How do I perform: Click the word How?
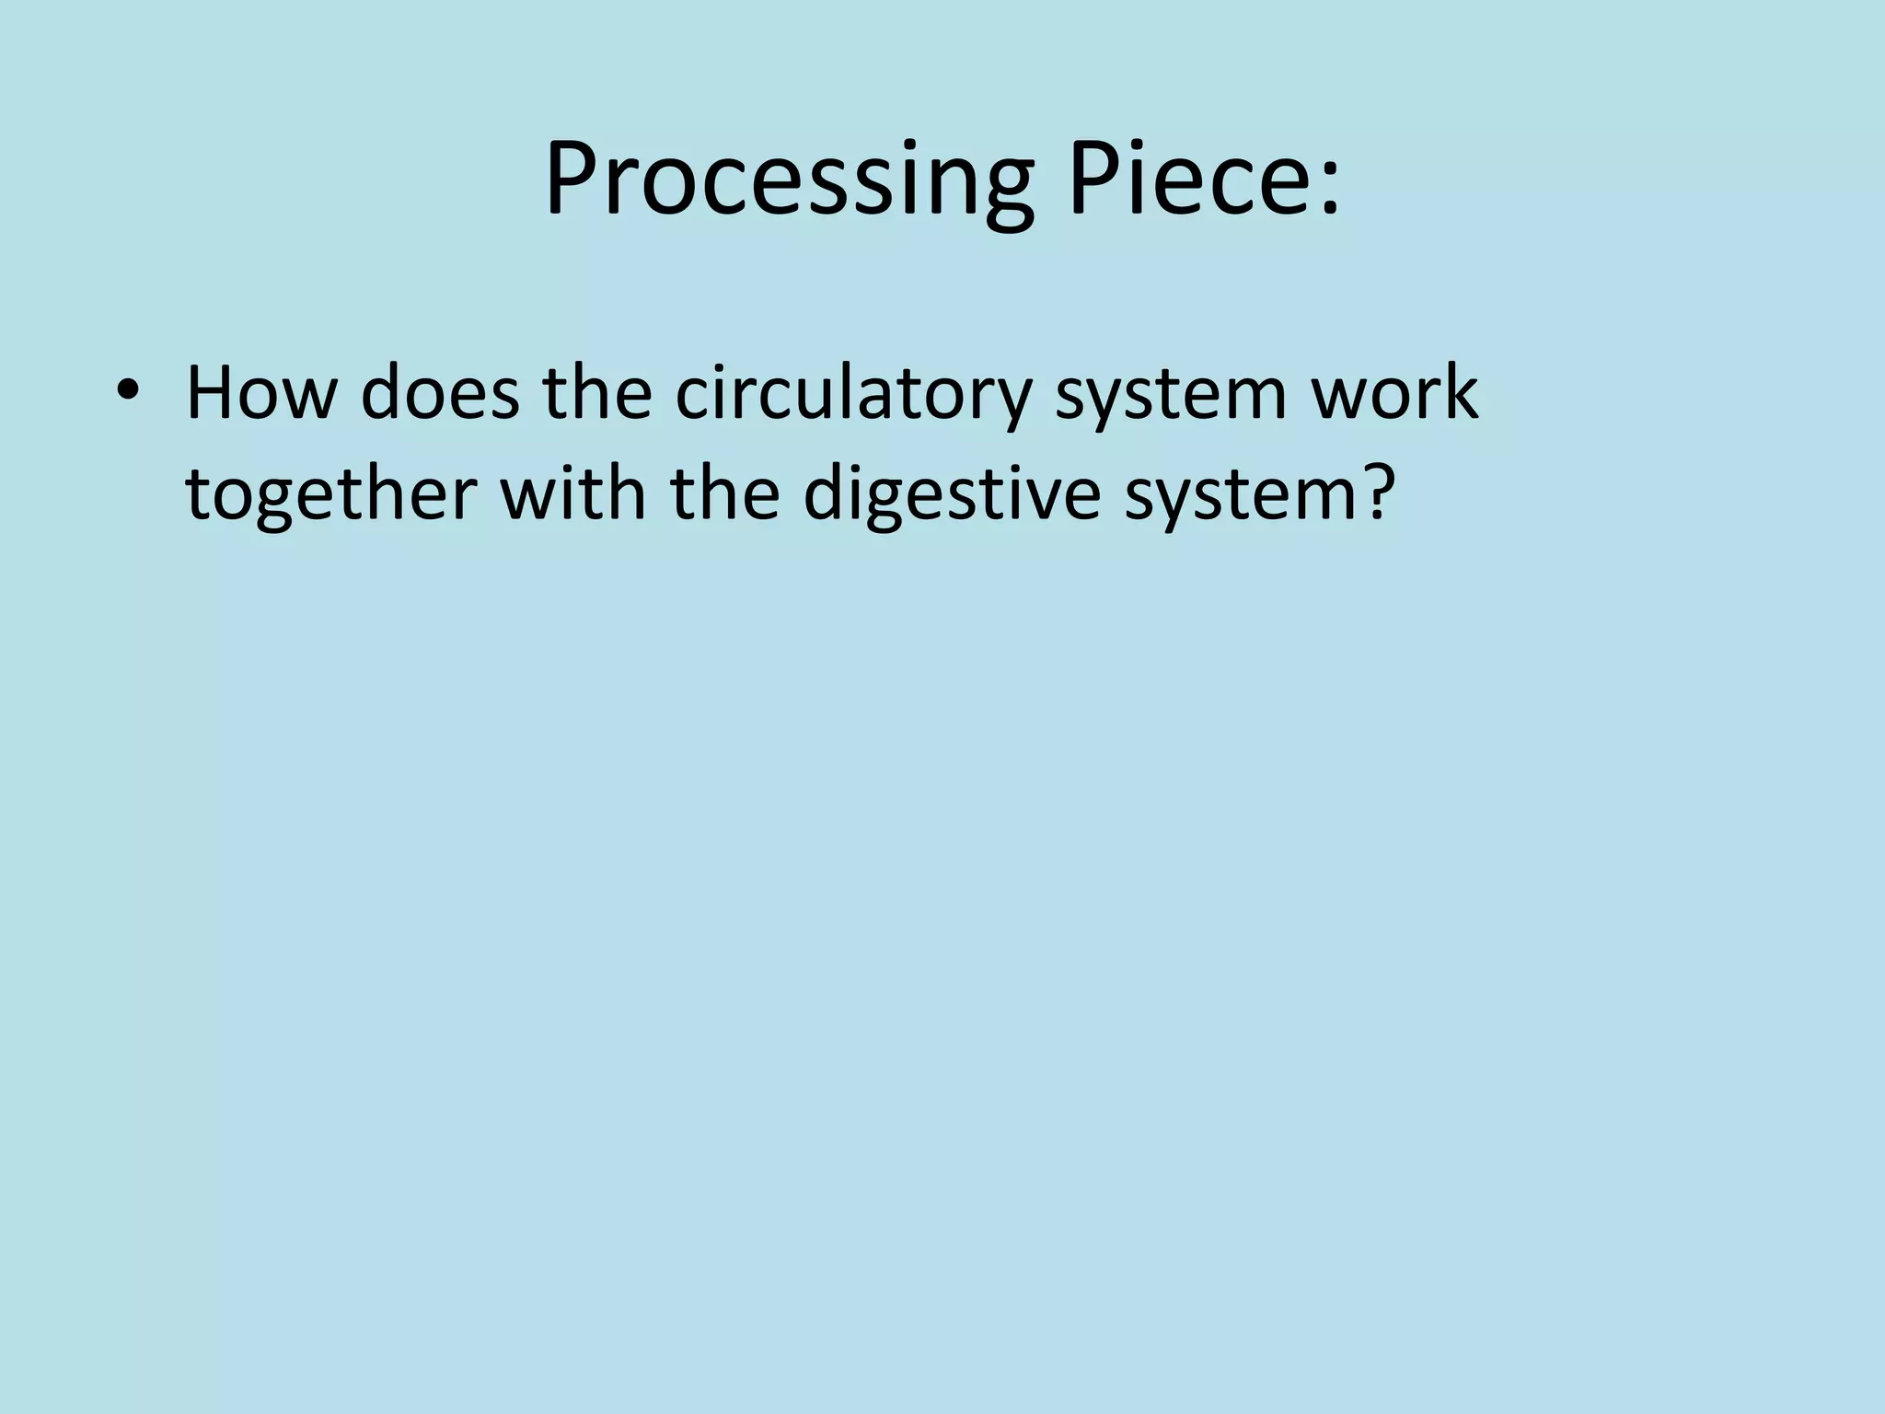260,393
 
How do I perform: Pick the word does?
440,393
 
